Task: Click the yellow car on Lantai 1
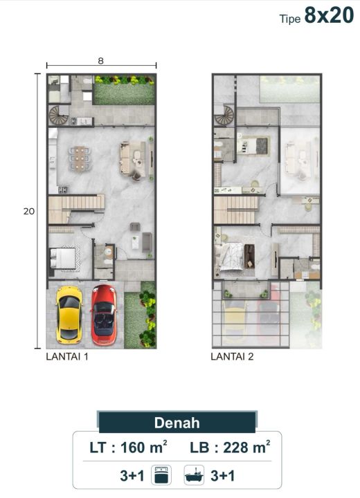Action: tap(69, 315)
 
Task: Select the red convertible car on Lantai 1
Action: tap(104, 315)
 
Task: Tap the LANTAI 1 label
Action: tap(67, 357)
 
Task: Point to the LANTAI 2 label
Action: tap(232, 357)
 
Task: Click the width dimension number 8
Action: tap(101, 61)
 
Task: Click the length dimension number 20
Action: tap(29, 211)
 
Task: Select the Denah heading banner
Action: tap(177, 423)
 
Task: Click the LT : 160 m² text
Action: tap(128, 448)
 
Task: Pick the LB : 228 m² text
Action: tap(230, 448)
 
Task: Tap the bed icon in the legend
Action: tap(161, 475)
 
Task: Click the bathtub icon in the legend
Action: tap(194, 475)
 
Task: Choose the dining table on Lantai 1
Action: tap(80, 158)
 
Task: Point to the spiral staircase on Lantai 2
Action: tap(224, 116)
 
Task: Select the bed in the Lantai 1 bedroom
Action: tap(64, 258)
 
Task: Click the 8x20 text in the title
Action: tap(329, 15)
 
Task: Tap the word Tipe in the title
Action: tap(290, 19)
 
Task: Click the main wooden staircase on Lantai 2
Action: tap(235, 210)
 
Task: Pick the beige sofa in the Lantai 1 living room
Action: tap(133, 158)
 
